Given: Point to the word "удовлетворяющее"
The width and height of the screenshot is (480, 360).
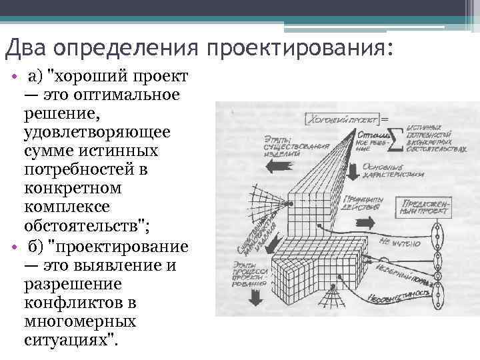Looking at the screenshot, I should pos(97,132).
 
